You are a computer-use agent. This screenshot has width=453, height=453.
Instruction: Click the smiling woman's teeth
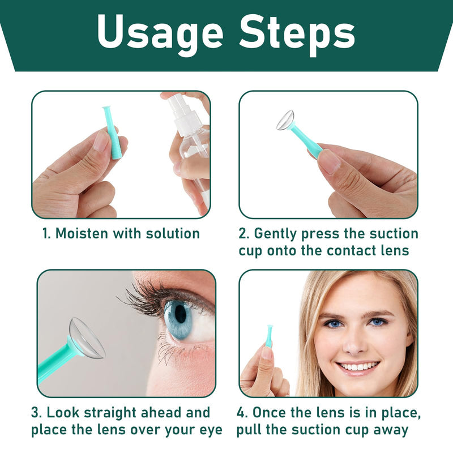pos(358,366)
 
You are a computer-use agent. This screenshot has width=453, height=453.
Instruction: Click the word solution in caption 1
pos(173,233)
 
